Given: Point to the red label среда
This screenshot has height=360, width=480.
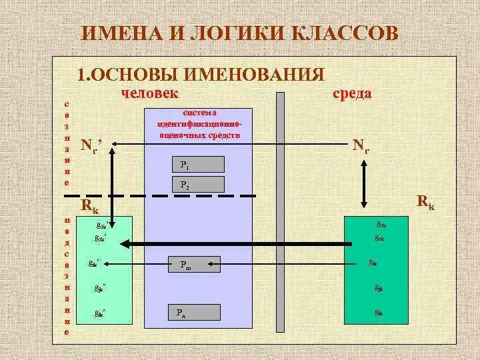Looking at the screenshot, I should click(352, 93).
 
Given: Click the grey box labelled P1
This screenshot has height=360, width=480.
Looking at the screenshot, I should click(197, 164).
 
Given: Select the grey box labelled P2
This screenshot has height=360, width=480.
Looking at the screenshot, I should click(197, 184).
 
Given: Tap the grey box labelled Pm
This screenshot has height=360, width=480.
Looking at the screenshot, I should click(193, 265).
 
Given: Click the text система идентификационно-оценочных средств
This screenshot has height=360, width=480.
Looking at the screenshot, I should click(199, 124).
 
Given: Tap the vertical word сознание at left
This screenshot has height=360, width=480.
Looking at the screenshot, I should click(66, 143).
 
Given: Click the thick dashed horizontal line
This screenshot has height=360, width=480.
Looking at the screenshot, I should click(160, 196).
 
